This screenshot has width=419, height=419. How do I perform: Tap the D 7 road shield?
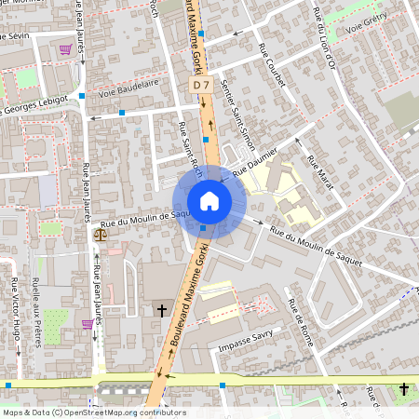coord(200,85)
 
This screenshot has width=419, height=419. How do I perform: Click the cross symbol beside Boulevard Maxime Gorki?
coord(161,310)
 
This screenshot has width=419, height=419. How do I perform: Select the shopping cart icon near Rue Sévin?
coord(65,50)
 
